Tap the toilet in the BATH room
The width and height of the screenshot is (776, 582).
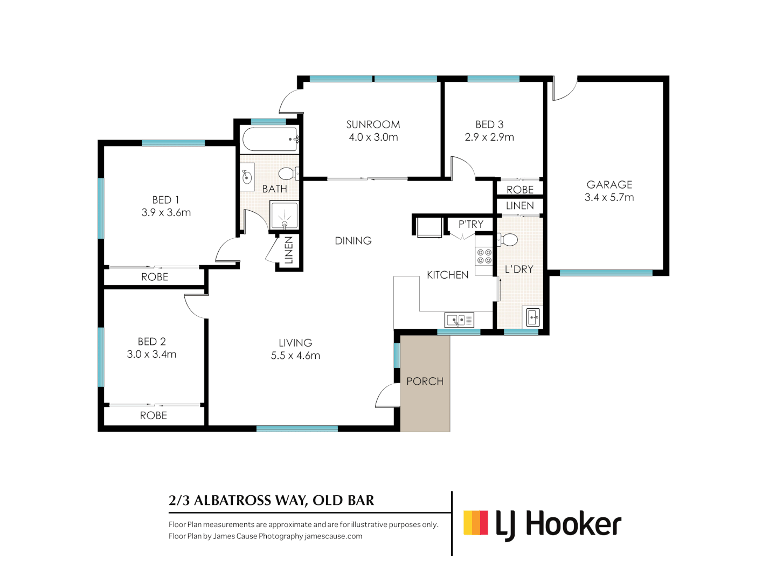tap(287, 174)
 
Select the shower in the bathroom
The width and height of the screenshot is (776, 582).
tap(283, 216)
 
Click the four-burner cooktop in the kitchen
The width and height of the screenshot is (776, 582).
tap(484, 257)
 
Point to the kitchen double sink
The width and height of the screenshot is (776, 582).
tap(459, 320)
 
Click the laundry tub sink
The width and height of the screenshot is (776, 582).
tap(532, 317)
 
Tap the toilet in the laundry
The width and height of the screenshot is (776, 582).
tap(508, 240)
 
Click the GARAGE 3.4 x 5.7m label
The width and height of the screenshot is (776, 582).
tap(609, 191)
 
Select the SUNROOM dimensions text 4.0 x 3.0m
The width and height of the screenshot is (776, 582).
tap(373, 137)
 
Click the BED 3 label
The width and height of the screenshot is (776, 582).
tap(489, 124)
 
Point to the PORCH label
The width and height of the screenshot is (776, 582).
tap(425, 382)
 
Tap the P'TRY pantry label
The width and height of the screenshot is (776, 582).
tap(470, 224)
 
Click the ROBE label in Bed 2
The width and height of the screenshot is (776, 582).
tap(154, 415)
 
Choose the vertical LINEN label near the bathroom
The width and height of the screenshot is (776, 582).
tap(289, 251)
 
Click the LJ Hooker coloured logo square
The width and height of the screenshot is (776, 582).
tap(475, 523)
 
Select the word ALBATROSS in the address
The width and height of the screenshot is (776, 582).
tap(232, 501)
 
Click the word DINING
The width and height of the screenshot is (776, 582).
tap(353, 241)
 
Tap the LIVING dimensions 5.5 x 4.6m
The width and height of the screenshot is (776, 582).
tap(295, 356)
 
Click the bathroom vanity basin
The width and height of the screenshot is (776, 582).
tap(247, 177)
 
